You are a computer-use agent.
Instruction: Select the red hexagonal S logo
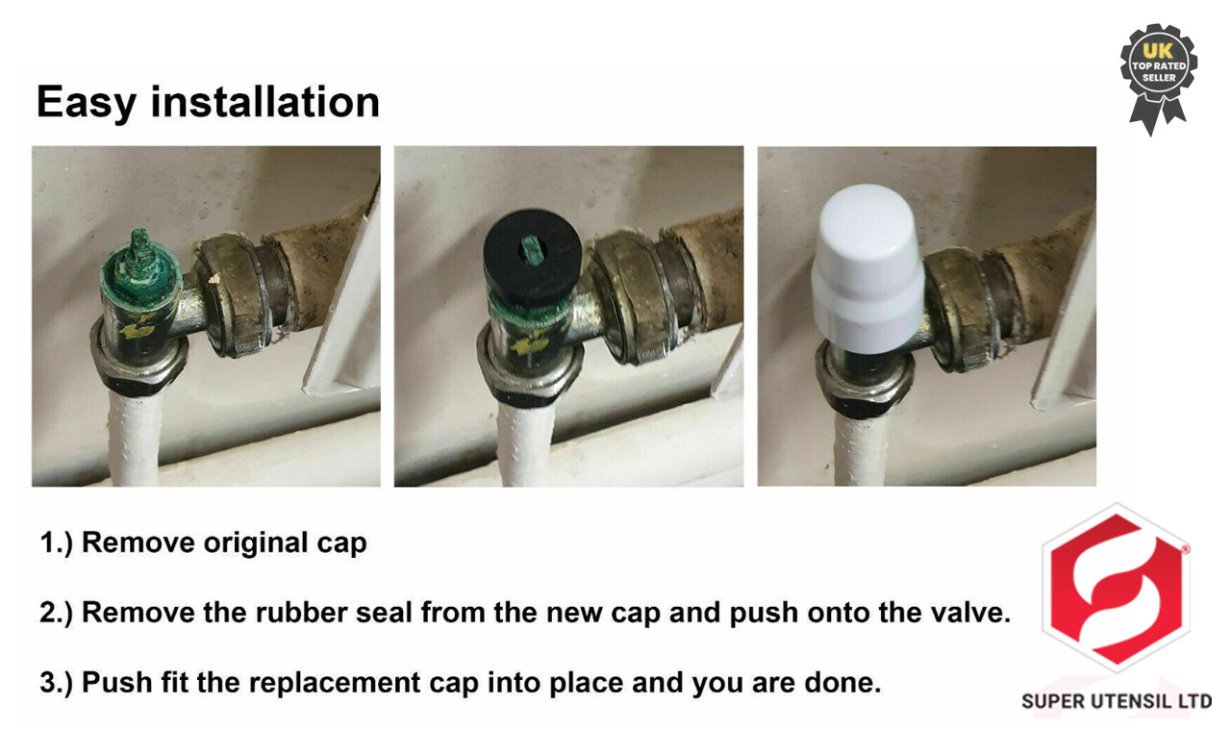click(x=1116, y=588)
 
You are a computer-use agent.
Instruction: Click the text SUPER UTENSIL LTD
click(x=1117, y=701)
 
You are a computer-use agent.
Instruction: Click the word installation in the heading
click(x=264, y=102)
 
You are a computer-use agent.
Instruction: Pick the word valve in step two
click(x=971, y=613)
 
